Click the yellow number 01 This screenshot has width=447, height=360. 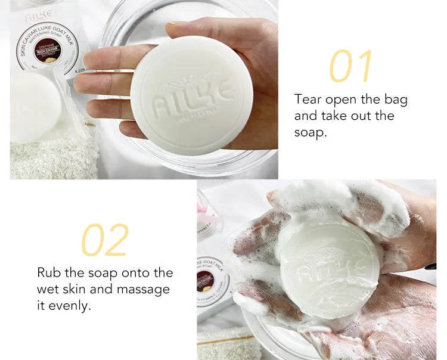(x=350, y=66)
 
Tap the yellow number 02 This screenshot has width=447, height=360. (x=105, y=240)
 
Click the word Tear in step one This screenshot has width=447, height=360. (x=309, y=99)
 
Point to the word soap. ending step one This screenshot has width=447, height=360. (x=311, y=132)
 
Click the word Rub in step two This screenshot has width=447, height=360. (x=50, y=272)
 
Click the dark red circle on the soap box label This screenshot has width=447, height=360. (x=47, y=50)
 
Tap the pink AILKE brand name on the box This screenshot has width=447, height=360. (x=39, y=13)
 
